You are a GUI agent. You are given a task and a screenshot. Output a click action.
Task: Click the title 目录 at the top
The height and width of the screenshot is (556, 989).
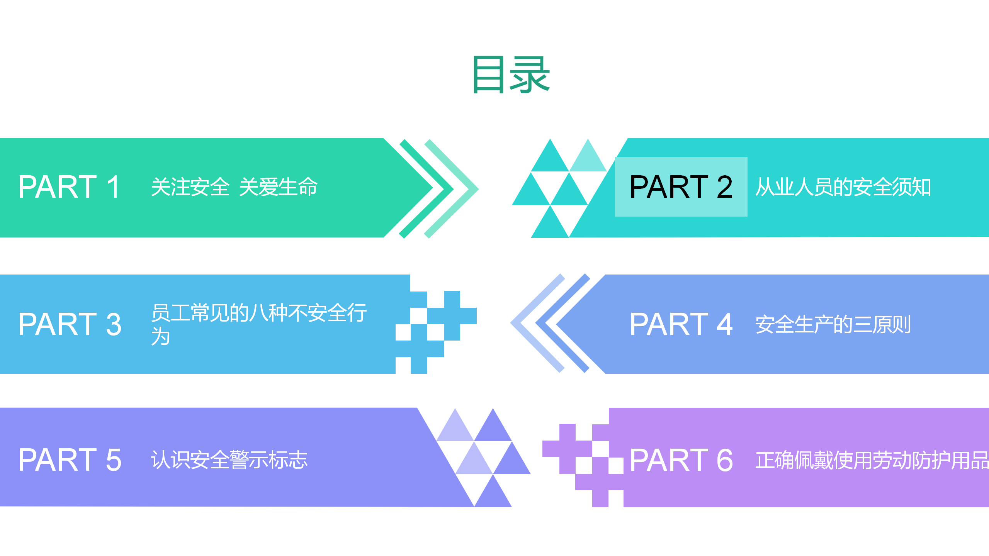click(511, 75)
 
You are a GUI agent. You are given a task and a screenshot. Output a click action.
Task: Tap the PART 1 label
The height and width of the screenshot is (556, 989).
click(70, 187)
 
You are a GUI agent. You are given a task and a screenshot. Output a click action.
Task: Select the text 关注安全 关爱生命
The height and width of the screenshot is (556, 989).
click(234, 187)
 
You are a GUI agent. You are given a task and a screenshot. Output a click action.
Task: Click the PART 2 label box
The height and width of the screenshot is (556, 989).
click(681, 187)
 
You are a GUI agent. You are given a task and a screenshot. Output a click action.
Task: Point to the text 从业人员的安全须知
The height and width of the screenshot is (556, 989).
click(843, 187)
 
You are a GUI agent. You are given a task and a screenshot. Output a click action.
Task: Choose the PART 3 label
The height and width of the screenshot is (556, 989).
click(70, 324)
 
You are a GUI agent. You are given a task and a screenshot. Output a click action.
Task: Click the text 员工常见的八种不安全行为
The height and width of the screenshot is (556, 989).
click(259, 324)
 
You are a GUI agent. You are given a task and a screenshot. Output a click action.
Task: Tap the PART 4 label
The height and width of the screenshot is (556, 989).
click(681, 324)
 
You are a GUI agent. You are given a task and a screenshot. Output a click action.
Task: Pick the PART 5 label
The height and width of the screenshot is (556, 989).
click(70, 460)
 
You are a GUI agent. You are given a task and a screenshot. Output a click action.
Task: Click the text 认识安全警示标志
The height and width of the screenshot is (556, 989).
click(229, 460)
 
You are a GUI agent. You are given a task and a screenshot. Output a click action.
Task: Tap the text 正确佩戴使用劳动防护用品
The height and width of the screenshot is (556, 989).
click(872, 460)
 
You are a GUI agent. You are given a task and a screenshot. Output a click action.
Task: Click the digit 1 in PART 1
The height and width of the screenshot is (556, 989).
click(114, 187)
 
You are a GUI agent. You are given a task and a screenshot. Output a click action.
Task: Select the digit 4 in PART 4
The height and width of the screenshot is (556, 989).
click(725, 324)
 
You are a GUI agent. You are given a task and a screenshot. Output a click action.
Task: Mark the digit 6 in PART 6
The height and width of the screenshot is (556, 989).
click(725, 460)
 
